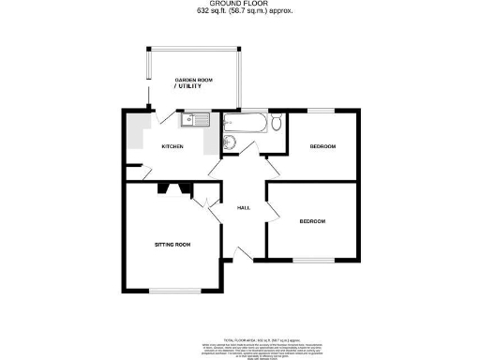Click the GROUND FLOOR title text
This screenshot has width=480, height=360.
pyautogui.click(x=239, y=5)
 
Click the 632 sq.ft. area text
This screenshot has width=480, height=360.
pyautogui.click(x=239, y=12)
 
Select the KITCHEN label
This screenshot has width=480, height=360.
pyautogui.click(x=172, y=147)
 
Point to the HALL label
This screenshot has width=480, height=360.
pyautogui.click(x=243, y=207)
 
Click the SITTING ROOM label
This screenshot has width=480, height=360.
pyautogui.click(x=172, y=245)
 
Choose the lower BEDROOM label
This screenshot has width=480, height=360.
pyautogui.click(x=312, y=221)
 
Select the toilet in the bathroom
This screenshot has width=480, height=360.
pyautogui.click(x=276, y=123)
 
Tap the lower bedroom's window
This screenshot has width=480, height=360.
pyautogui.click(x=312, y=259)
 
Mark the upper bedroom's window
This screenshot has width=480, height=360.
pyautogui.click(x=322, y=111)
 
